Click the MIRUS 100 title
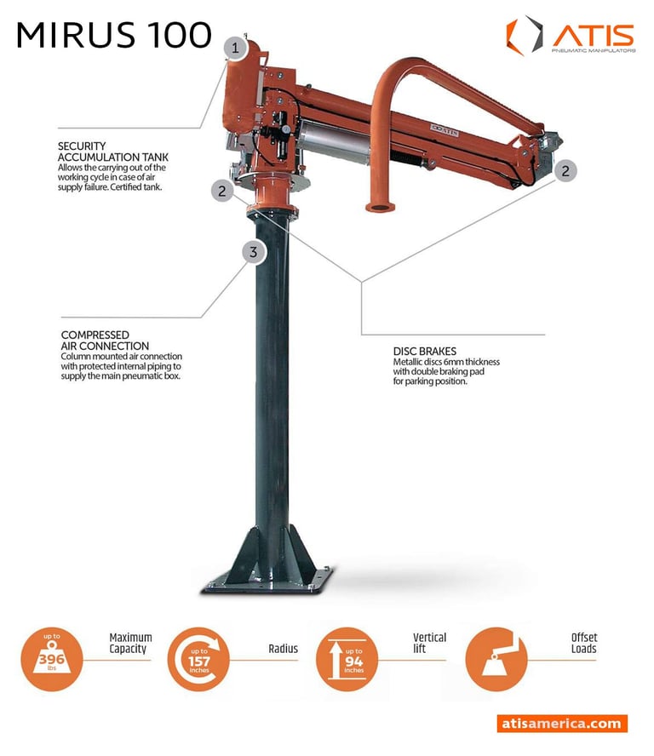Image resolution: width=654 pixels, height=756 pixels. click(114, 35)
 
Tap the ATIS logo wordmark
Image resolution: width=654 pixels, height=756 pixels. click(594, 35)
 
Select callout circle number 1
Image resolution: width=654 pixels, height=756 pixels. click(235, 49)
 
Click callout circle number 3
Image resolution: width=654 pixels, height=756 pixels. click(253, 252)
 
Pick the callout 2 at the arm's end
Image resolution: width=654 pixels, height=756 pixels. click(565, 170)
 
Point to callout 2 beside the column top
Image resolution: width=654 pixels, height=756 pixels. click(222, 191)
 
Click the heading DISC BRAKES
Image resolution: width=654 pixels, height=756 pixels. click(424, 351)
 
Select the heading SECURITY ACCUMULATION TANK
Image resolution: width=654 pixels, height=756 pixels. click(113, 152)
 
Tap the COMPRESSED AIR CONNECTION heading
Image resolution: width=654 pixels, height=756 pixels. click(105, 341)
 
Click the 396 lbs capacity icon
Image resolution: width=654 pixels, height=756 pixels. click(52, 659)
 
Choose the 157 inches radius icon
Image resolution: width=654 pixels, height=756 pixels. click(198, 659)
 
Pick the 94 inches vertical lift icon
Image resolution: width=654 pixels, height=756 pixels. click(347, 659)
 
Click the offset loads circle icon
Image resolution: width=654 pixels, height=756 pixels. click(496, 659)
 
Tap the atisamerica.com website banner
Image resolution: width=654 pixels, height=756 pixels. click(562, 723)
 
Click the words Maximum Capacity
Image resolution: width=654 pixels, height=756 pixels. click(130, 643)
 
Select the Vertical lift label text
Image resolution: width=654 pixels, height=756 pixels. click(429, 643)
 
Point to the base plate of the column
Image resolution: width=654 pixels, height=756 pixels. click(268, 581)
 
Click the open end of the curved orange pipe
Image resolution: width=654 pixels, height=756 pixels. click(380, 208)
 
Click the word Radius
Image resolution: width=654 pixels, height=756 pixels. click(283, 649)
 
